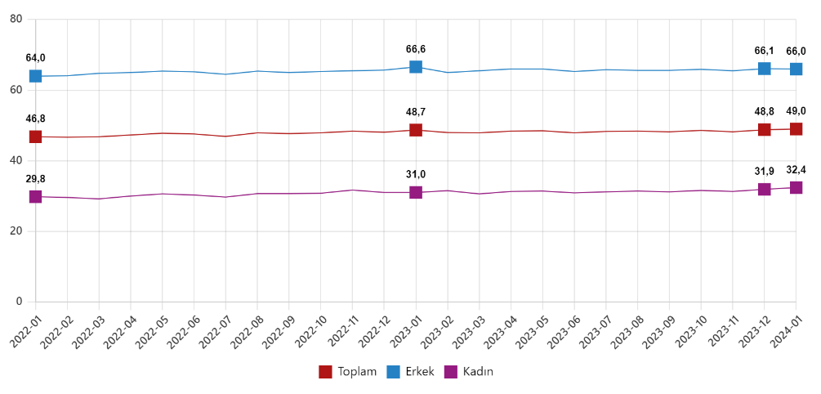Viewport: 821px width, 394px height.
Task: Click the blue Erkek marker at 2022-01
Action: (x=36, y=76)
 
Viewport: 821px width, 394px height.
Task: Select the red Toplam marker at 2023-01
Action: (x=416, y=130)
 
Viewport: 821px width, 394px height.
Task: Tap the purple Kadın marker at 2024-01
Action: (x=796, y=187)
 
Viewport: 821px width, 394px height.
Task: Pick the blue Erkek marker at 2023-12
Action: (x=765, y=69)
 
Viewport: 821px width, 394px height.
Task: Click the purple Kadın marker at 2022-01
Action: (x=36, y=196)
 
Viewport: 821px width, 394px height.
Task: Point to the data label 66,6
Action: (x=416, y=50)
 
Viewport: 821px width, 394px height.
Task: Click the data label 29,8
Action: (x=36, y=179)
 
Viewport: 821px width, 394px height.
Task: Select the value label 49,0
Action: (x=796, y=111)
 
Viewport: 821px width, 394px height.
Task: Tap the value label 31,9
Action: (x=765, y=172)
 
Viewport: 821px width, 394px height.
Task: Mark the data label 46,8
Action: (x=36, y=119)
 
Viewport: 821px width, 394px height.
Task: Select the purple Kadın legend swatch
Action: (x=451, y=372)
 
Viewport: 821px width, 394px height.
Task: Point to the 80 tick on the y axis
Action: (x=16, y=18)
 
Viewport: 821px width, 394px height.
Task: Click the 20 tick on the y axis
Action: (x=16, y=231)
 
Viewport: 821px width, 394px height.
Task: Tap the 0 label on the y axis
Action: (x=19, y=302)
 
